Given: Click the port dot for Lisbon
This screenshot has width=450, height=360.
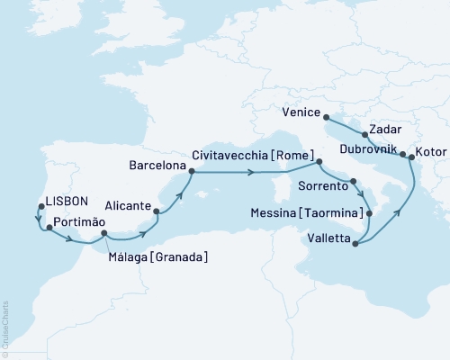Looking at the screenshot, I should (x=40, y=207).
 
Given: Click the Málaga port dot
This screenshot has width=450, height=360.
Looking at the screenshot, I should (x=104, y=233).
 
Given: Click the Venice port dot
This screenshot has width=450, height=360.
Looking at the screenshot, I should (x=325, y=116).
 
